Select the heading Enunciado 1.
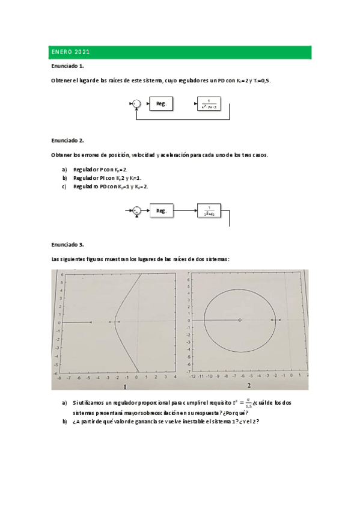(x=67, y=66)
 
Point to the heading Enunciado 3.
(x=67, y=245)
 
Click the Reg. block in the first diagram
(x=161, y=104)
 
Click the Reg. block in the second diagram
(x=161, y=211)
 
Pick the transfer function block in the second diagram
(x=210, y=211)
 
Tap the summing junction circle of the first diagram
(x=136, y=104)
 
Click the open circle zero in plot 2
(x=240, y=320)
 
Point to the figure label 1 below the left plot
(x=124, y=386)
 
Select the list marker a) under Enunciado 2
(x=64, y=170)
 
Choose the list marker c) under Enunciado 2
(x=64, y=186)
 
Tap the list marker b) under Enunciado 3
(x=64, y=421)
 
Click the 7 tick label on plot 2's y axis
(x=189, y=274)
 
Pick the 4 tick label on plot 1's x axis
(x=174, y=378)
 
